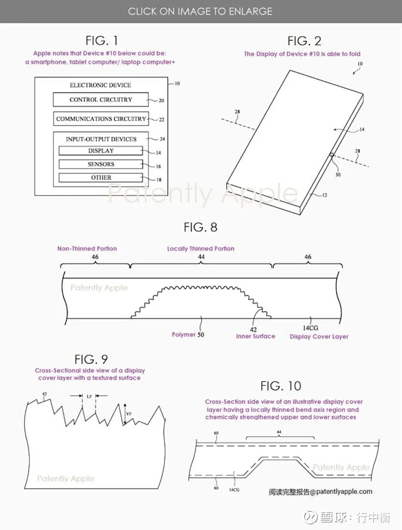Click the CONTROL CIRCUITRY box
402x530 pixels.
coord(101,100)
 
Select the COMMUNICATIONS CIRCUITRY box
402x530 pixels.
coord(101,119)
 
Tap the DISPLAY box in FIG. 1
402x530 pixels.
coord(101,151)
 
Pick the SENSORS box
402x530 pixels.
coord(101,164)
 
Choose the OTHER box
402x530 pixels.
coord(101,178)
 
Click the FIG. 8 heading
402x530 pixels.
coord(200,228)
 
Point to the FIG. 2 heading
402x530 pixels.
coord(304,41)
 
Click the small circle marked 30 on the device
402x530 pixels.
coord(332,155)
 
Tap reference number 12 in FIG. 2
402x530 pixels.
coord(324,195)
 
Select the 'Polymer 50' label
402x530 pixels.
coord(188,335)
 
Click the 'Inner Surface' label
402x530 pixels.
coord(256,336)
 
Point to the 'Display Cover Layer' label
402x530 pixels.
coord(319,336)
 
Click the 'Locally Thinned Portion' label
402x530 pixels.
coord(201,249)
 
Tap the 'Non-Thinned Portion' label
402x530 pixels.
coord(87,249)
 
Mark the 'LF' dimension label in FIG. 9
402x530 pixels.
coord(89,396)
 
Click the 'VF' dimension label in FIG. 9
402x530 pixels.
coord(129,414)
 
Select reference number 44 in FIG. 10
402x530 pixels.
coord(279,432)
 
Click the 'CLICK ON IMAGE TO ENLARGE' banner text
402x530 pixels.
coord(200,11)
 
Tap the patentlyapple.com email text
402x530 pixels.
coord(321,492)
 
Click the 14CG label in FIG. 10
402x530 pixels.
coord(234,490)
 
